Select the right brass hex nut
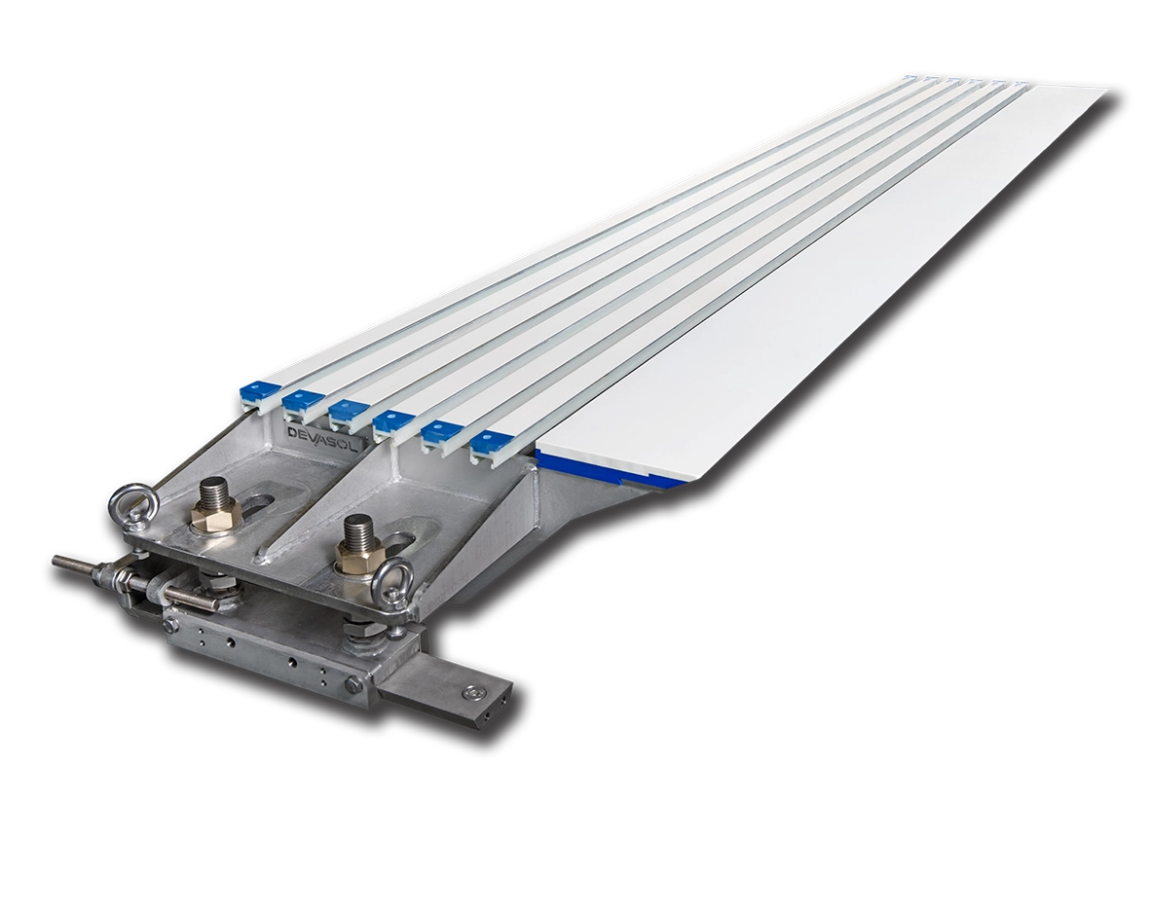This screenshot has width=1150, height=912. tap(358, 558)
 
